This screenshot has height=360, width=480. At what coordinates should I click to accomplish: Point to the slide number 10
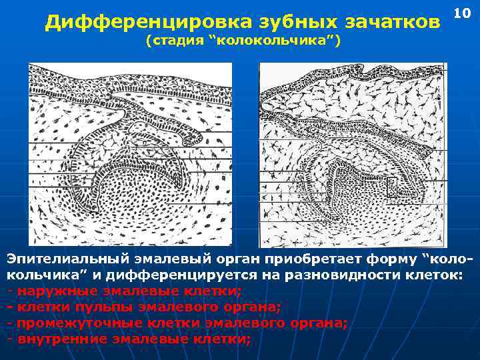click(x=462, y=13)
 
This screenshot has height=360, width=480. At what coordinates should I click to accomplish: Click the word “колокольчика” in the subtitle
click(x=275, y=41)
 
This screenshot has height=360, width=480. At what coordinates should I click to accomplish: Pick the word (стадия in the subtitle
click(x=175, y=41)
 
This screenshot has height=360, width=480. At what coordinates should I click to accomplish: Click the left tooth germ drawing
click(x=130, y=153)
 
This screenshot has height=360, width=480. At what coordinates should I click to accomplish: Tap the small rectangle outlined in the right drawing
click(x=392, y=187)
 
